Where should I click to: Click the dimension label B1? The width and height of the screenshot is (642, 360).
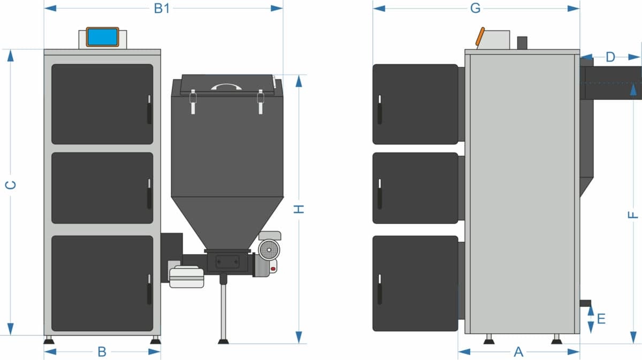point(162,9)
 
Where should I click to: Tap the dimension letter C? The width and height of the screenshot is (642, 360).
point(11,185)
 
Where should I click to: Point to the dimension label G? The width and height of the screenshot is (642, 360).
point(475,9)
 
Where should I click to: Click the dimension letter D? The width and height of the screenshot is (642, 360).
point(610,57)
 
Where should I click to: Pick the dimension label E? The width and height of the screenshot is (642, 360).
point(601,319)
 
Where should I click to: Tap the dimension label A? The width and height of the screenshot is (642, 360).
point(518,352)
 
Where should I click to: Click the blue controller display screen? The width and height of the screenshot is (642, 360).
point(102,37)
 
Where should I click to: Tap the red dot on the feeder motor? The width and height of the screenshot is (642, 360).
point(273,269)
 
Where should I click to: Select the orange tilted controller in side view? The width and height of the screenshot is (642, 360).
point(480,36)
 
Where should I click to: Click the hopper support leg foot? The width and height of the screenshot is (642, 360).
point(224,341)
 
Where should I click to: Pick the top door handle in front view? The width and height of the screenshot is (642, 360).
point(149,110)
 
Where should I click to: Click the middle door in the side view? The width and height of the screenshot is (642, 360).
point(415,188)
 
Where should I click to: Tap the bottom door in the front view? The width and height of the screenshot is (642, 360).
point(102,284)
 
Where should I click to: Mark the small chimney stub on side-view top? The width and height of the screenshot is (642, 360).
point(522,43)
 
